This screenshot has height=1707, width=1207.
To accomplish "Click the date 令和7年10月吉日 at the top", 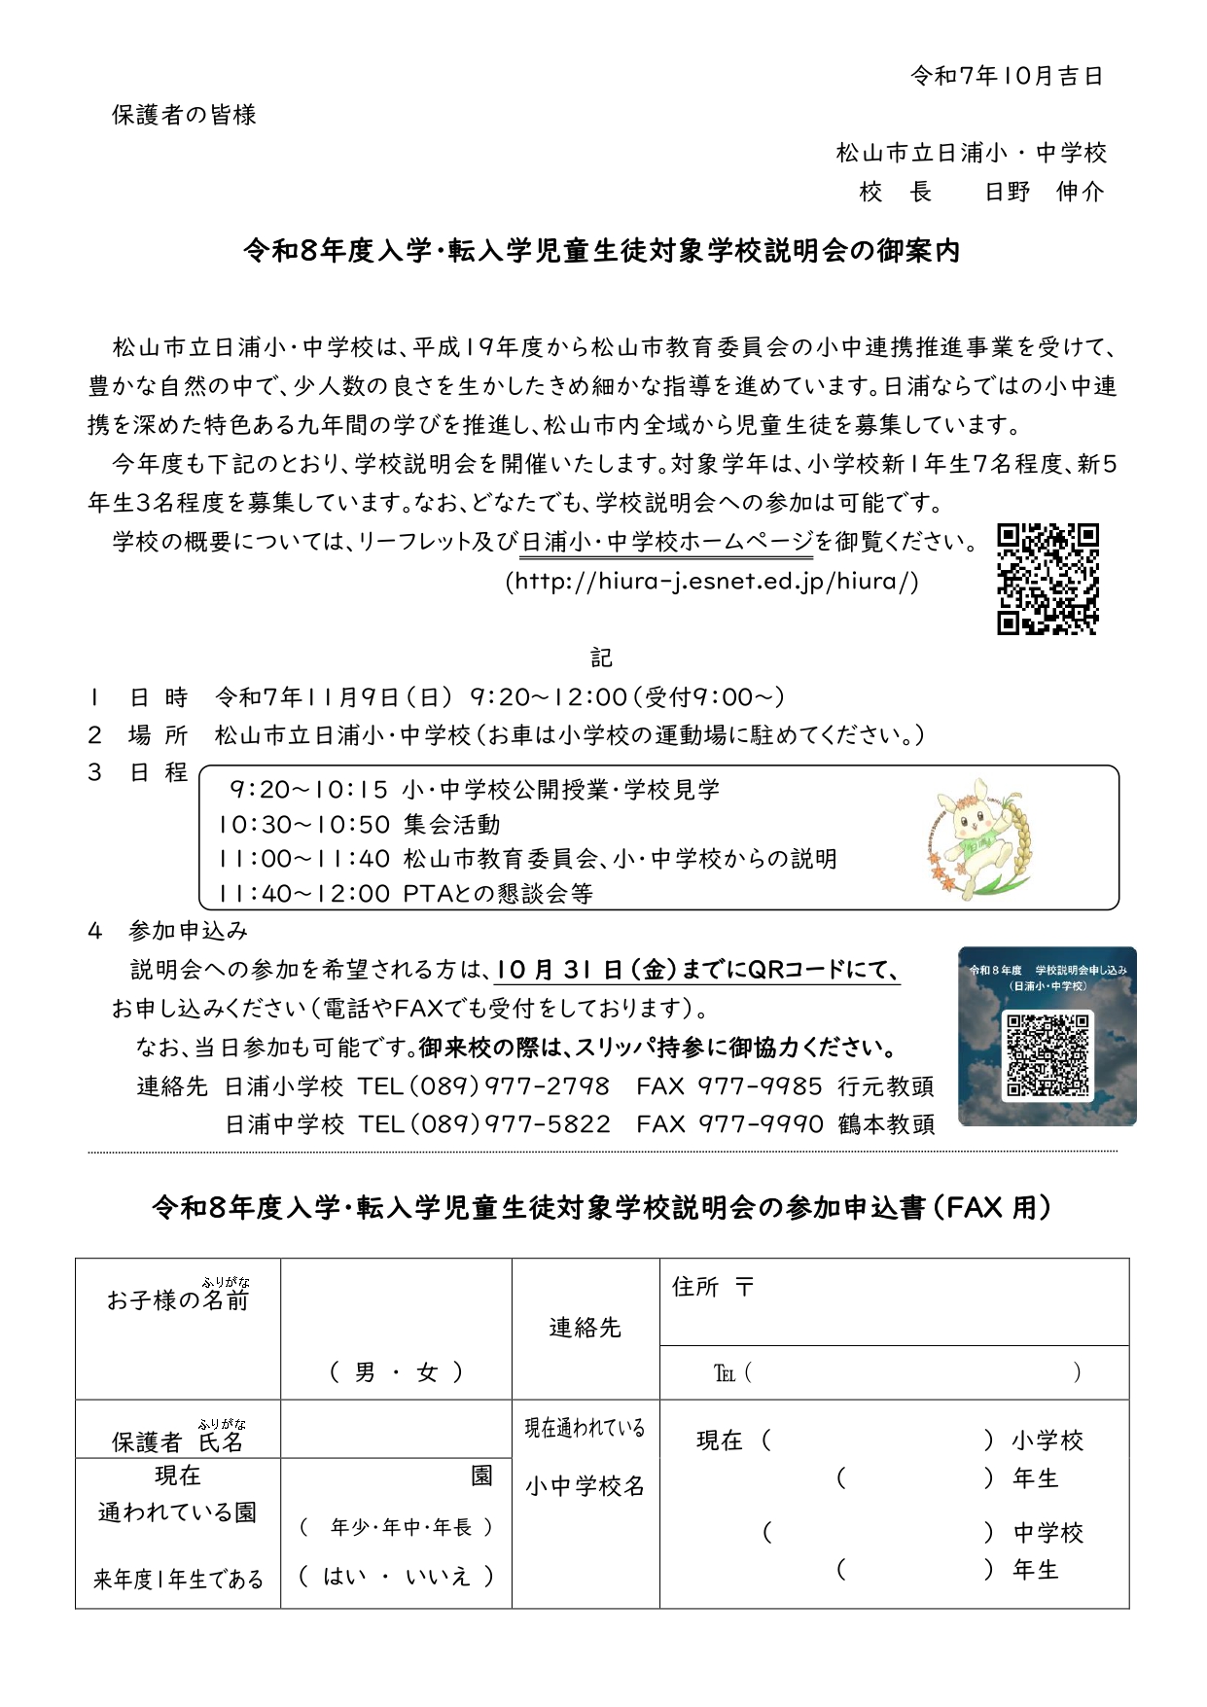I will pyautogui.click(x=1006, y=76).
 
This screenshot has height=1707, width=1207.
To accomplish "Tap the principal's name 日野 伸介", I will pyautogui.click(x=1044, y=192).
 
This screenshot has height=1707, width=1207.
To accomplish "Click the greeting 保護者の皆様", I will pyautogui.click(x=184, y=115).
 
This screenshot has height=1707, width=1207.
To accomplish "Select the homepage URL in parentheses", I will pyautogui.click(x=712, y=582).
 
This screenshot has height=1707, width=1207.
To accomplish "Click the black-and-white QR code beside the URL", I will pyautogui.click(x=1047, y=579).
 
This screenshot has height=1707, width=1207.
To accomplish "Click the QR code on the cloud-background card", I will pyautogui.click(x=1047, y=1055).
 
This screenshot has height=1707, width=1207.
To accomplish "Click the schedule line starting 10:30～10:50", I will pyautogui.click(x=359, y=825).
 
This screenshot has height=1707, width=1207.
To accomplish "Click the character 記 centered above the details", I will pyautogui.click(x=602, y=658).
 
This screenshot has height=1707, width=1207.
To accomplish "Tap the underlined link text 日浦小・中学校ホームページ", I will pyautogui.click(x=667, y=542).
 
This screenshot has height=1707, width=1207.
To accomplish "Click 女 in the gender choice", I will pyautogui.click(x=427, y=1372).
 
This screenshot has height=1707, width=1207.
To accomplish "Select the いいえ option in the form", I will pyautogui.click(x=438, y=1576).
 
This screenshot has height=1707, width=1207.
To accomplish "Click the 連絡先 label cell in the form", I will pyautogui.click(x=585, y=1328).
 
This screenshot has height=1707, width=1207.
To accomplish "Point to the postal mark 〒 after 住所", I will pyautogui.click(x=744, y=1287).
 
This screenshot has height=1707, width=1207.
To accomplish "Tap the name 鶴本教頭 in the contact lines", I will pyautogui.click(x=886, y=1124).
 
